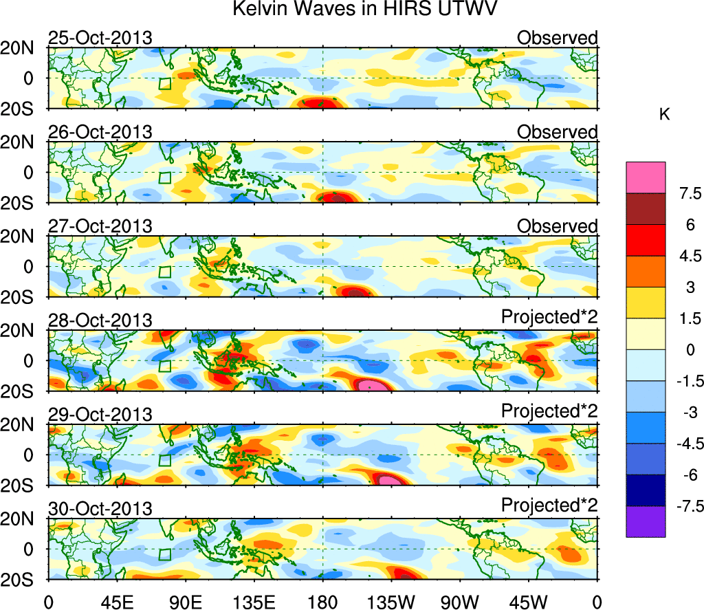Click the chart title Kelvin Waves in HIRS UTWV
pyautogui.click(x=364, y=10)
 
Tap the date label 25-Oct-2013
pyautogui.click(x=100, y=38)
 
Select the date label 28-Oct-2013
pyautogui.click(x=100, y=320)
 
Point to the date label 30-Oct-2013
pyautogui.click(x=100, y=509)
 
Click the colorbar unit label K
pyautogui.click(x=664, y=115)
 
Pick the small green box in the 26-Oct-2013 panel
pyautogui.click(x=164, y=177)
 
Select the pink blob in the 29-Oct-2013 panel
pyautogui.click(x=388, y=479)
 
